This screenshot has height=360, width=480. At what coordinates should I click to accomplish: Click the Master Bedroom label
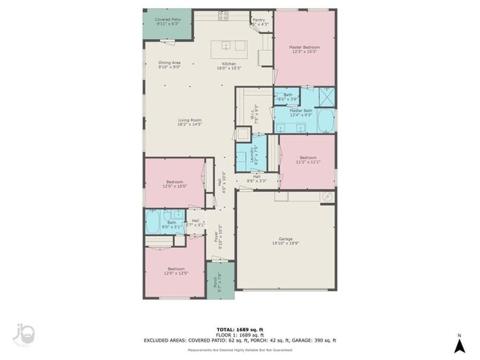click(304, 49)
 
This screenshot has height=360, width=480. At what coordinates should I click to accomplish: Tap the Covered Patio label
click(168, 21)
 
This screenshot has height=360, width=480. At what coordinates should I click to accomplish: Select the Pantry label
click(258, 22)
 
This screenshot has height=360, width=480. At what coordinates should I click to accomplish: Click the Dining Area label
click(169, 65)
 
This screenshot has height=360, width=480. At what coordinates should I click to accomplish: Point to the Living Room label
click(189, 122)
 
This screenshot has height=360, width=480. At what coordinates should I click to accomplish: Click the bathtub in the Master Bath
click(325, 120)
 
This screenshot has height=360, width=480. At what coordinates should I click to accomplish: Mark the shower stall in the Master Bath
click(324, 97)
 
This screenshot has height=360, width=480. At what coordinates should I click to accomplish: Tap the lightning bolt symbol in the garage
click(328, 196)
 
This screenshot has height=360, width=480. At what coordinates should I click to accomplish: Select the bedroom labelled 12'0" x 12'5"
click(176, 271)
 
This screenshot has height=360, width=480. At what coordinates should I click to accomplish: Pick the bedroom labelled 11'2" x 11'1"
click(308, 159)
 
